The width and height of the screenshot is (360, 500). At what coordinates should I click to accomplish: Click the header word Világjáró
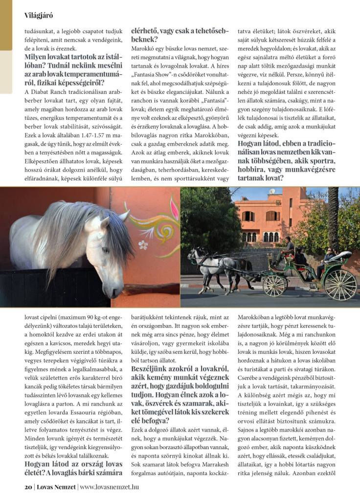(39, 15)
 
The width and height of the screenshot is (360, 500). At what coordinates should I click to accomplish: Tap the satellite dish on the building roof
(272, 192)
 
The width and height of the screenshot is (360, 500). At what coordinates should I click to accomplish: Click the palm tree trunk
(333, 215)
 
